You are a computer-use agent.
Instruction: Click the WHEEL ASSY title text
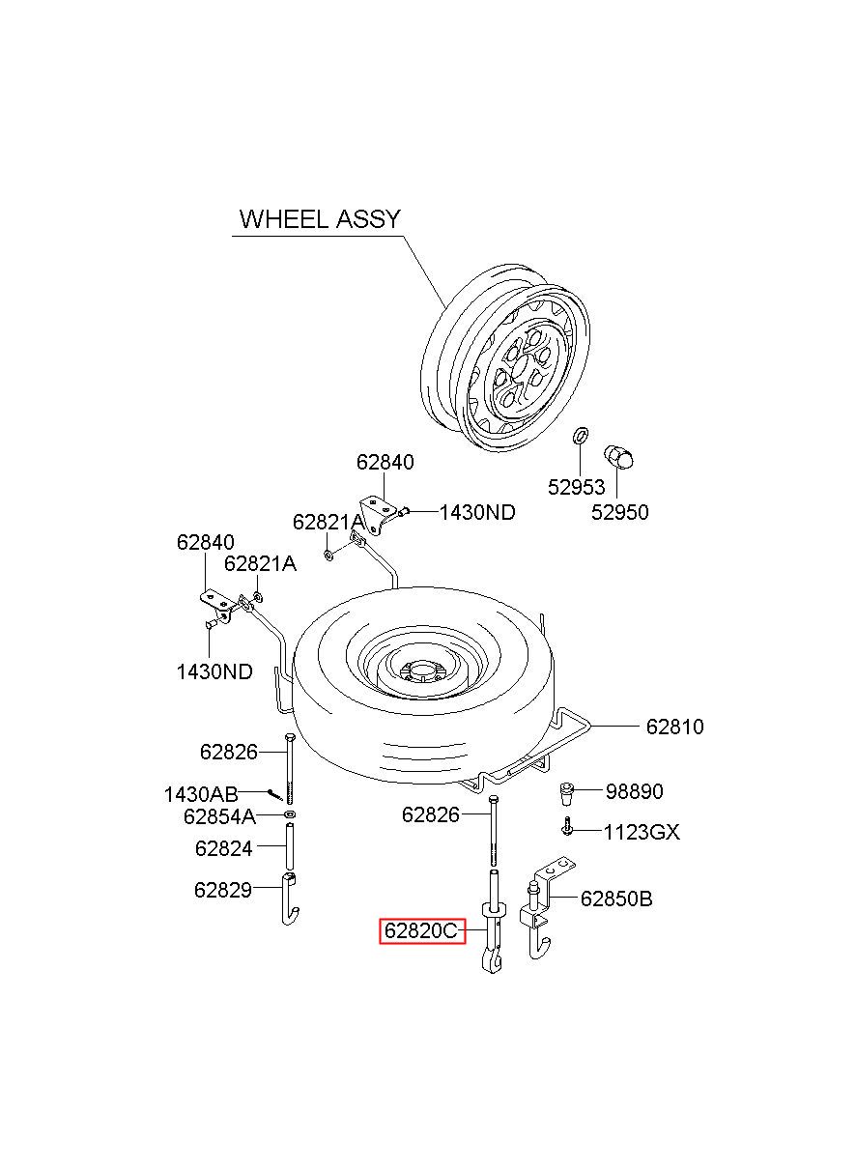[320, 219]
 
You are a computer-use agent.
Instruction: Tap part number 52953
[576, 487]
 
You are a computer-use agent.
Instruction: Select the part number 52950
[619, 512]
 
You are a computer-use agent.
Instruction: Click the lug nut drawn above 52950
[618, 457]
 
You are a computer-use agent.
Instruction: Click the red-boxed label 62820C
[422, 930]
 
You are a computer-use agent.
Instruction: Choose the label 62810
[674, 727]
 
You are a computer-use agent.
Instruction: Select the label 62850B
[616, 899]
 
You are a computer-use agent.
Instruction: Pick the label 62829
[223, 890]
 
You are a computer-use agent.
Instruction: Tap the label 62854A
[220, 817]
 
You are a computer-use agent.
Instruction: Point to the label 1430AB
[201, 794]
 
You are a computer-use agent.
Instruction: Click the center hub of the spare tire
[420, 671]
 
